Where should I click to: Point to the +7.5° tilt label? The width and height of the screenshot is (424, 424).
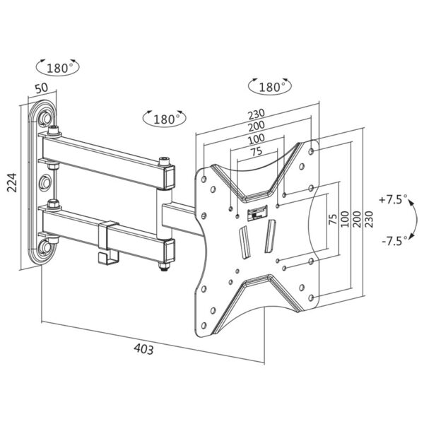click(393, 200)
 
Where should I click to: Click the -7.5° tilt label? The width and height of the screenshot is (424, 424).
click(393, 241)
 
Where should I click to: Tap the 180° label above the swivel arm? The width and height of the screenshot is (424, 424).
click(165, 118)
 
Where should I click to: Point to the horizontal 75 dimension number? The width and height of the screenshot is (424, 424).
click(256, 151)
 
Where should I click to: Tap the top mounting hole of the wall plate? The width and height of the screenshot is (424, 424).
click(47, 114)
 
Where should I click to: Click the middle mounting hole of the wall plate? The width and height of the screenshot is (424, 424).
click(47, 182)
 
